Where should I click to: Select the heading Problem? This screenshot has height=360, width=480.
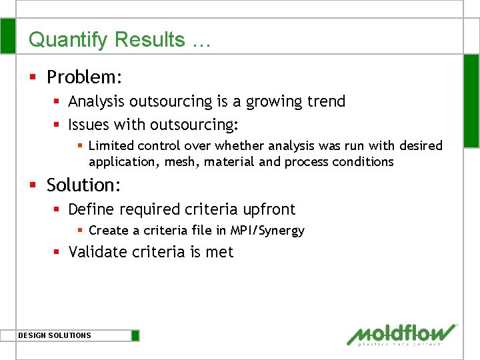click(x=84, y=77)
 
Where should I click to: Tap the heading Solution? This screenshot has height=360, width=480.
click(x=83, y=185)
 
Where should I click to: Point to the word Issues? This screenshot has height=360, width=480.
click(x=89, y=125)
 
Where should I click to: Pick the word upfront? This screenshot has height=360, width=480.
click(x=269, y=209)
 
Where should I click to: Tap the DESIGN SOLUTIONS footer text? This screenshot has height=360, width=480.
click(x=55, y=335)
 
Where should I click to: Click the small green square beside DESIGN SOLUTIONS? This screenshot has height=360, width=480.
click(x=135, y=335)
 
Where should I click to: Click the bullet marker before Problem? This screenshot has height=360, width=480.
click(x=33, y=78)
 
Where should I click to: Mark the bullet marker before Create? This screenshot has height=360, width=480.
click(x=79, y=231)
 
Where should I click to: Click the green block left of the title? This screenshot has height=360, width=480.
click(x=7, y=36)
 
